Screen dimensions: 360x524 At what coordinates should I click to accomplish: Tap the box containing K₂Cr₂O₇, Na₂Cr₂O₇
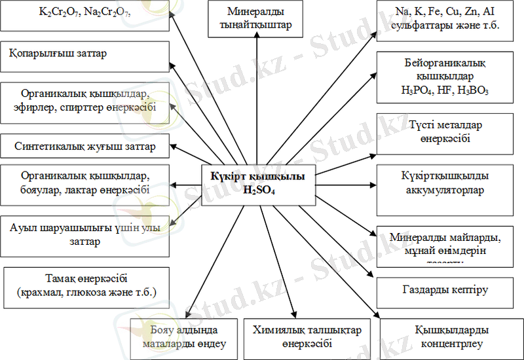tap(85, 15)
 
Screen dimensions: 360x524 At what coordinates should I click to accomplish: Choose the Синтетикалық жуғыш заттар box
tap(85, 147)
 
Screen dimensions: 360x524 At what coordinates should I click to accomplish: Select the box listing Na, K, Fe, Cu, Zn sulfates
tap(444, 19)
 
